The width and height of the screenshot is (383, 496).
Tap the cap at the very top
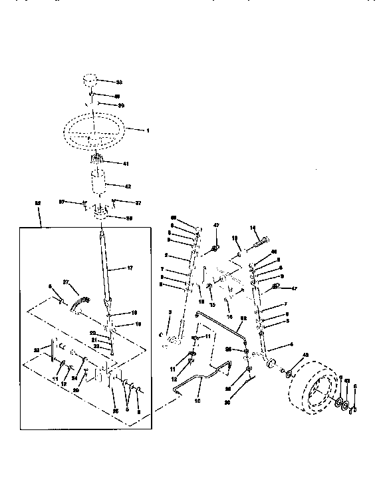(91, 81)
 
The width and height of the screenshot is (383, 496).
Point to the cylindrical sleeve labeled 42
(100, 183)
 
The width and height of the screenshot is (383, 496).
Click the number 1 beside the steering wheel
(148, 130)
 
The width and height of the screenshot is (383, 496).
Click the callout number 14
(253, 228)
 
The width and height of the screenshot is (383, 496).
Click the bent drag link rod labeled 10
(199, 383)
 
